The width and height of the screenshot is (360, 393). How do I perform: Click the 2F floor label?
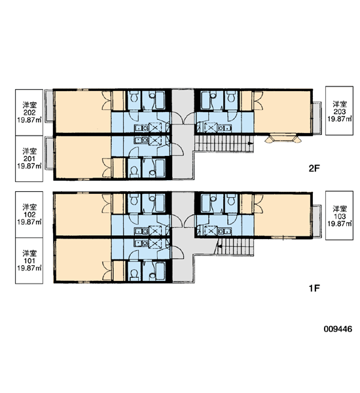[x=314, y=168]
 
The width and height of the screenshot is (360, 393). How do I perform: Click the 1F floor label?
[x=314, y=288]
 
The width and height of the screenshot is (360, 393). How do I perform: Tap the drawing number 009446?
[x=338, y=329]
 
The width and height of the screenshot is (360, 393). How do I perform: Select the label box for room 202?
[x=29, y=113]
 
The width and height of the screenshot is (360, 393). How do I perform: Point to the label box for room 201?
[x=29, y=159]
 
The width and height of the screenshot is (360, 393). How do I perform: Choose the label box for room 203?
[x=339, y=111]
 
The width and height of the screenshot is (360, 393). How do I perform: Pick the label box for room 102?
[x=29, y=215]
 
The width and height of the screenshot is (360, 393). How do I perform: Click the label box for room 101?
[x=29, y=261]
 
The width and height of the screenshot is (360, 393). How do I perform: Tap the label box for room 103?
[x=339, y=215]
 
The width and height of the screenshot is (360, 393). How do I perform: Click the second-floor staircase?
[x=224, y=143]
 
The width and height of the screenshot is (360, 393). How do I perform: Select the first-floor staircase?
[x=235, y=246]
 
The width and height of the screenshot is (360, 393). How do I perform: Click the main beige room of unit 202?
[x=83, y=112]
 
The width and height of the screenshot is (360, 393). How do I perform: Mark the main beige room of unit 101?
[x=83, y=260]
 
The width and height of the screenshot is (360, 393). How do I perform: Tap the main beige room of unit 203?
[x=282, y=112]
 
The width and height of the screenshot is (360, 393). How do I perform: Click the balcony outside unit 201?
[x=50, y=153]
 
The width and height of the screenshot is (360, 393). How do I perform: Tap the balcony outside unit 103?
[x=316, y=221]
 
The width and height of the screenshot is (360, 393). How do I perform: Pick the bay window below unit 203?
[x=283, y=139]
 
